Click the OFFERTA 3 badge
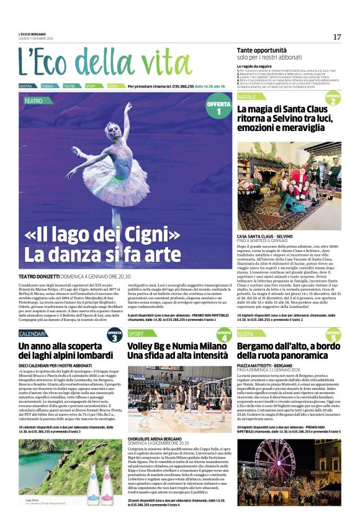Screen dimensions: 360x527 (114, 335)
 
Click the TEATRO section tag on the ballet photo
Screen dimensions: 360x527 (34, 100)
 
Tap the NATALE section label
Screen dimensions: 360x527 (246, 97)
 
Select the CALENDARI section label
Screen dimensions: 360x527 (32, 334)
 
